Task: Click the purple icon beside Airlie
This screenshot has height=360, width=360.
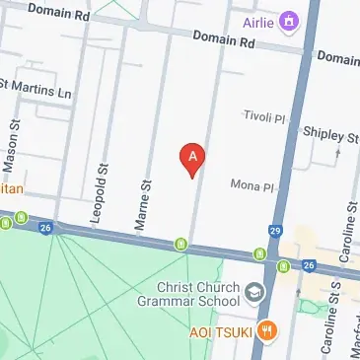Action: (289, 20)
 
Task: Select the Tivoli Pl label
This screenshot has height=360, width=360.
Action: (263, 116)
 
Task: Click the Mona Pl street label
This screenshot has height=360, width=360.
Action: (251, 184)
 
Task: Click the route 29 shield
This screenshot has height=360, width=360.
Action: (276, 231)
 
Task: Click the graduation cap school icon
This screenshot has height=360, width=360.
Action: (254, 292)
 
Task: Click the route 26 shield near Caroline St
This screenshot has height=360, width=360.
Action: (309, 266)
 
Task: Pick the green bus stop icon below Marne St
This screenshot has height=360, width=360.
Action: (181, 244)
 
